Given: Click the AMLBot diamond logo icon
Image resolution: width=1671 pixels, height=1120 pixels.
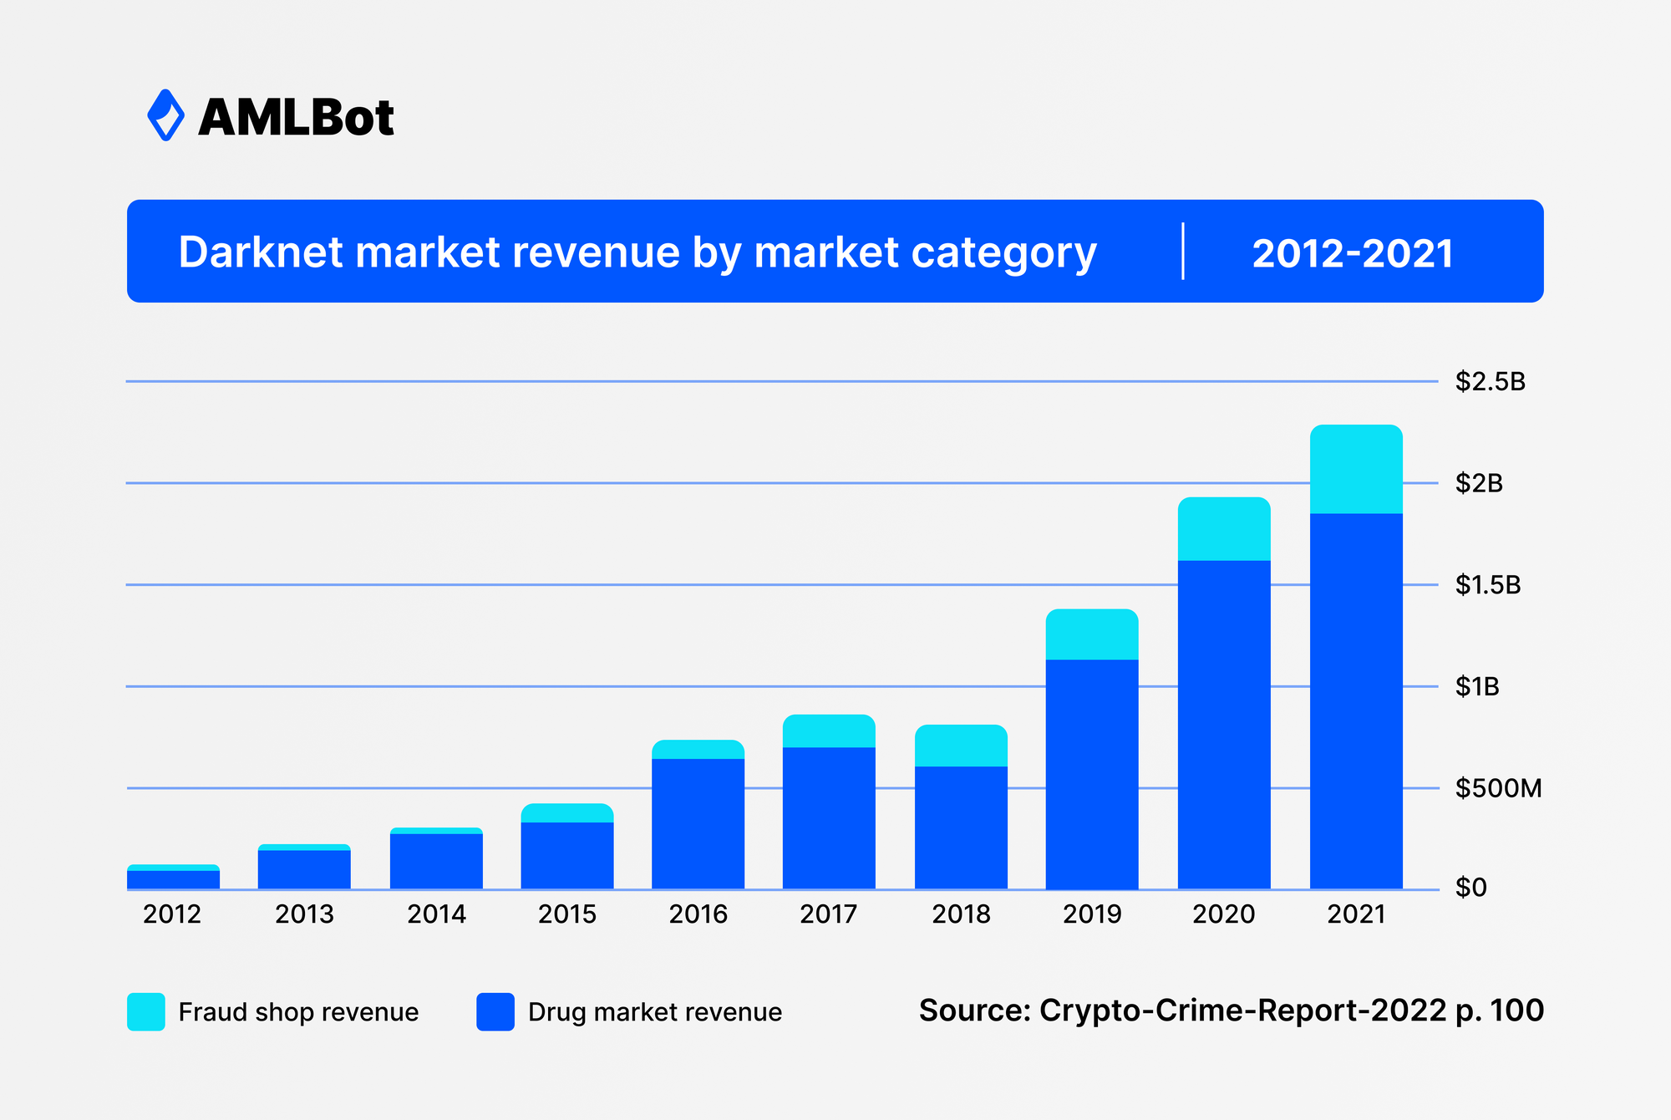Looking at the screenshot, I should coord(165,115).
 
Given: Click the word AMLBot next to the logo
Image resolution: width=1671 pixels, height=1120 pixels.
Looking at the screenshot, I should coord(296,117).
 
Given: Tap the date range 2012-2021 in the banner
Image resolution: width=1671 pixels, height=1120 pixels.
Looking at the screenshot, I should coord(1352,252).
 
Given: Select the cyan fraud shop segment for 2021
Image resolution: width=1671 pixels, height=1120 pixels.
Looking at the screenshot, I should coord(1356,469).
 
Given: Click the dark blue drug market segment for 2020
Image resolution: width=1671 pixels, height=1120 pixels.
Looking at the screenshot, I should coord(1224,724).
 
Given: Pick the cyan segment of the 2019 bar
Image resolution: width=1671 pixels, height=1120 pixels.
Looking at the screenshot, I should coord(1092,634).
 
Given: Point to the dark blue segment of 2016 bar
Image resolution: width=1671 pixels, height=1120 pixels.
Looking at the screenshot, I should coord(698,823).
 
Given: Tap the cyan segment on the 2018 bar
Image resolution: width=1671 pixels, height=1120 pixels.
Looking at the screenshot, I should coord(961,746).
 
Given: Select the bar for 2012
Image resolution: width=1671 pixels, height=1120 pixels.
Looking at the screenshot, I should coord(173,878).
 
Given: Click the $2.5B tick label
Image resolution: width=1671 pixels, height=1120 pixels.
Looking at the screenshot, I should coord(1490,382).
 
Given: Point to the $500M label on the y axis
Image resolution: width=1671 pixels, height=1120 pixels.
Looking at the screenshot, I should coord(1498,788).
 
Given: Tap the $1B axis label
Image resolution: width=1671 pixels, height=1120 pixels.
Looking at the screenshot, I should coord(1477,687).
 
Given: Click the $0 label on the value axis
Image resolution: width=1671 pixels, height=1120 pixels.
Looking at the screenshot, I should coord(1471,888).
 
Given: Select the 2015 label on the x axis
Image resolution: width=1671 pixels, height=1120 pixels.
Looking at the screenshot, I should coord(567,914).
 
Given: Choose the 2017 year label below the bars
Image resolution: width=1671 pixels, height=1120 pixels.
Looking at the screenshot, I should coord(829,914).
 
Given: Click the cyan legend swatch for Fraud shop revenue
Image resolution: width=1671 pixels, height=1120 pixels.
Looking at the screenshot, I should coord(146,1011).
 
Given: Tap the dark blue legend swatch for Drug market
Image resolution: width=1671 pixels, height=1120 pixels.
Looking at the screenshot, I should coord(495,1011).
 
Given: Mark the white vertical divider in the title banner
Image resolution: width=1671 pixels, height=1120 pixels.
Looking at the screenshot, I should coord(1183,252).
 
